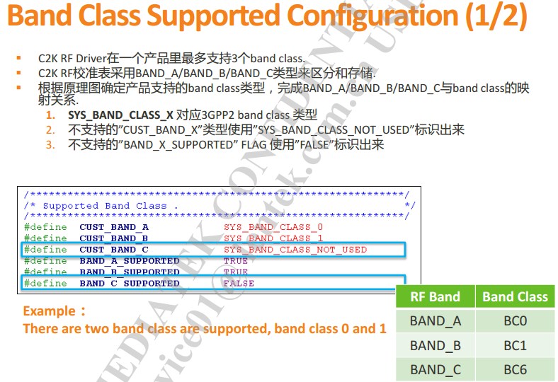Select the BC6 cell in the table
coord(515,369)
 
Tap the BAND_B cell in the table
coord(435,346)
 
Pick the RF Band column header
coord(435,297)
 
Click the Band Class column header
coord(515,297)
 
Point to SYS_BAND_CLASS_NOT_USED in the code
coord(295,250)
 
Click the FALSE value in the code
coord(239,284)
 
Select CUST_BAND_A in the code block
coord(113,227)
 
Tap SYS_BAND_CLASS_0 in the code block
coord(273,227)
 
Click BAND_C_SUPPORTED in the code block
coord(129,284)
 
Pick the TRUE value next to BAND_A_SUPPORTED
coord(236,261)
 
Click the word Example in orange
coord(48,311)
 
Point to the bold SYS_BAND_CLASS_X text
coord(120,115)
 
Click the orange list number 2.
coord(50,129)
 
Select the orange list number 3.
coord(50,144)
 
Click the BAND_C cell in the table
coord(435,369)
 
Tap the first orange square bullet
coord(19,58)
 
